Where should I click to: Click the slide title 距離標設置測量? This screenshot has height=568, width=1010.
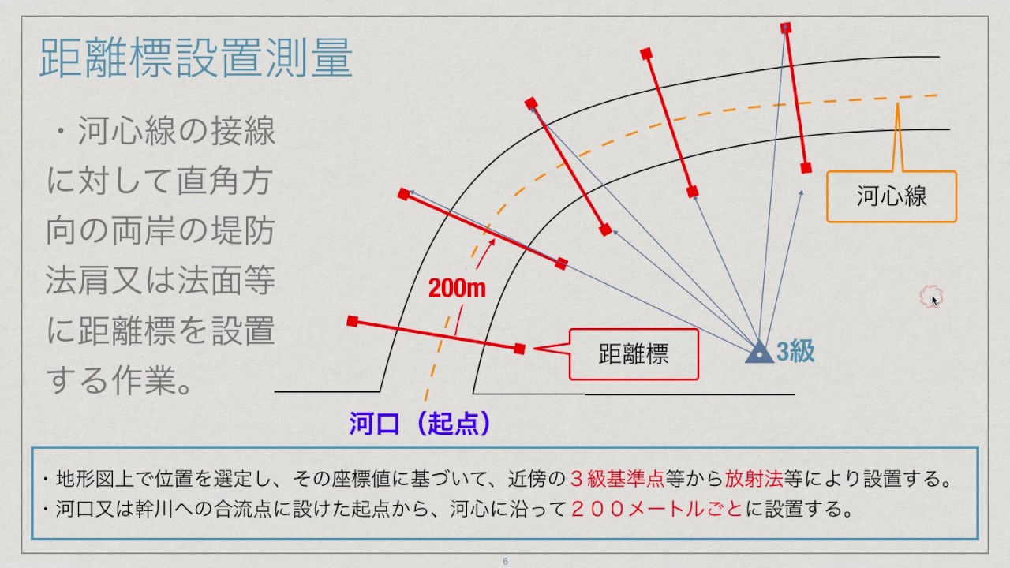[195, 60]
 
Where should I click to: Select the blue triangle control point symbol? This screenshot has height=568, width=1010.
[759, 353]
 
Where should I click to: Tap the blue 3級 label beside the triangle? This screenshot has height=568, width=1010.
[795, 352]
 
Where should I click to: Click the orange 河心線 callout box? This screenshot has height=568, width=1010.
[891, 196]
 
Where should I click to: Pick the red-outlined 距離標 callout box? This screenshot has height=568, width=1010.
[634, 353]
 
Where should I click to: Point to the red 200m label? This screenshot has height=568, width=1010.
[457, 288]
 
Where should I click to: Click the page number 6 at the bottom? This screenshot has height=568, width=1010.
[505, 562]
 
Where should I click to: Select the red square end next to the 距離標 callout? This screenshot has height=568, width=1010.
[519, 348]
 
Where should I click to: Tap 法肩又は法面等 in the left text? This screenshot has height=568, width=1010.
[160, 282]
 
